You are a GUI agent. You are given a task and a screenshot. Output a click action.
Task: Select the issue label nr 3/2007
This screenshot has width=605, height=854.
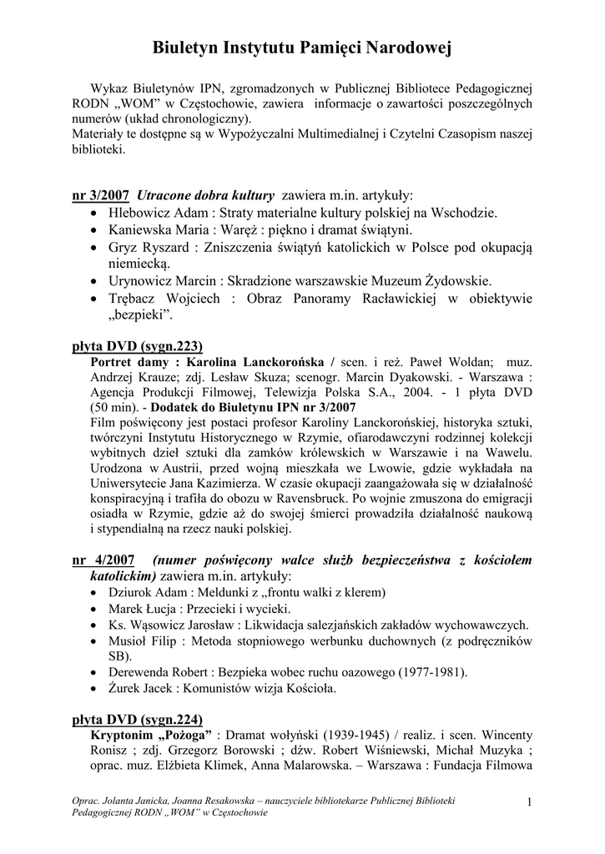tap(101, 196)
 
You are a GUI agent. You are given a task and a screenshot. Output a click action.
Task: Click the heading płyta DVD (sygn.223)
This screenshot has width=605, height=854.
tap(138, 345)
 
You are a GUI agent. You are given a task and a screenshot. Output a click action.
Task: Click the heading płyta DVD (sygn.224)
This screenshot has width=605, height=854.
tap(138, 720)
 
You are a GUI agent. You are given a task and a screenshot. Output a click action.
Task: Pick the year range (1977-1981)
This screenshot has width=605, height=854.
tap(426, 672)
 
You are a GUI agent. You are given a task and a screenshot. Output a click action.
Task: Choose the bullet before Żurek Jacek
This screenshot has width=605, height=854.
tap(94, 690)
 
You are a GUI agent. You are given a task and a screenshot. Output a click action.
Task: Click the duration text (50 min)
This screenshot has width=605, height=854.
tap(117, 408)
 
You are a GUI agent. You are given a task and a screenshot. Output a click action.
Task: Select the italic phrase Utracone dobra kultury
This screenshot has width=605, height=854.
tap(205, 196)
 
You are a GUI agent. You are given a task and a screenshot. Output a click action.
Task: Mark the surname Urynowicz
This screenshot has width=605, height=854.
tap(141, 281)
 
